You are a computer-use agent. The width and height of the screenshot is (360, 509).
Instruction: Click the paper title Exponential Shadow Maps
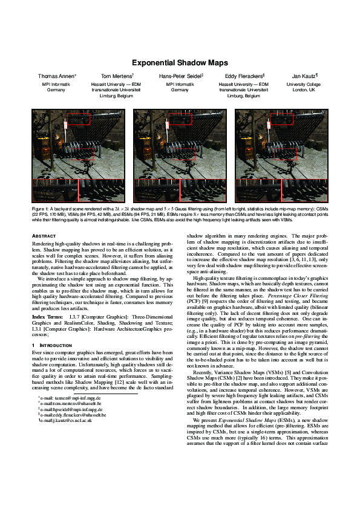point(180,62)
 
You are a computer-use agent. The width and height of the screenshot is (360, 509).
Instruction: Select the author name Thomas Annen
point(57,77)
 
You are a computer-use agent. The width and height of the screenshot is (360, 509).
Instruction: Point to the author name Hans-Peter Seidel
point(180,77)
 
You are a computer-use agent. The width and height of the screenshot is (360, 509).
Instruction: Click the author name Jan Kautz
point(304,77)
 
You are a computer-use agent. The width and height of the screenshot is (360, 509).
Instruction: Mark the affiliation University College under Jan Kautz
point(304,85)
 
